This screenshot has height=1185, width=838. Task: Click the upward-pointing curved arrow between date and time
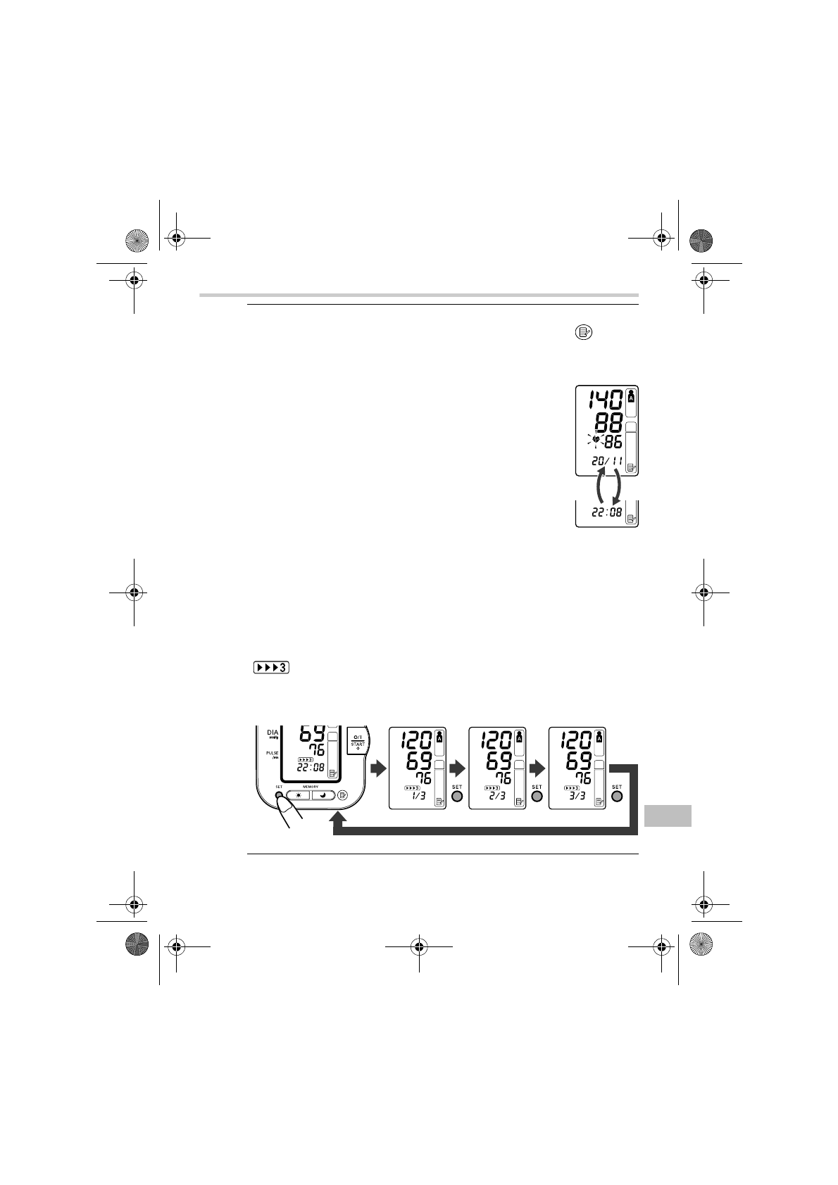tap(600, 486)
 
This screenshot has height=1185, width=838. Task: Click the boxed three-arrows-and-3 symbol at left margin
tap(271, 667)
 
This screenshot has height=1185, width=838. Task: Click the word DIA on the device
tap(273, 733)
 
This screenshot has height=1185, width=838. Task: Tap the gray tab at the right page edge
tap(668, 816)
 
